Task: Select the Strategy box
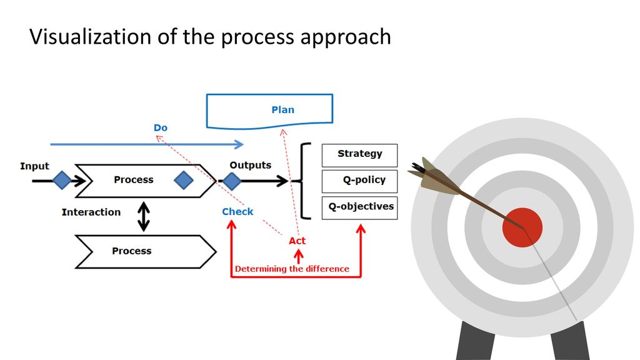359,155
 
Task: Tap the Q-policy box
359,181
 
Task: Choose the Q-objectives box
359,207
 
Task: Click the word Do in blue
161,127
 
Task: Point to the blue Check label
237,211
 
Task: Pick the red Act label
297,241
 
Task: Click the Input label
35,166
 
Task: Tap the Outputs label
250,165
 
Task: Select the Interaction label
91,212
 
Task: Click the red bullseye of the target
522,227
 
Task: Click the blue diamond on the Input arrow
62,180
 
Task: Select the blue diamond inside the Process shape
184,180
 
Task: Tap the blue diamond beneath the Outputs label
232,181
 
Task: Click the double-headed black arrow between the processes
143,217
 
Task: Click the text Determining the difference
292,269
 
